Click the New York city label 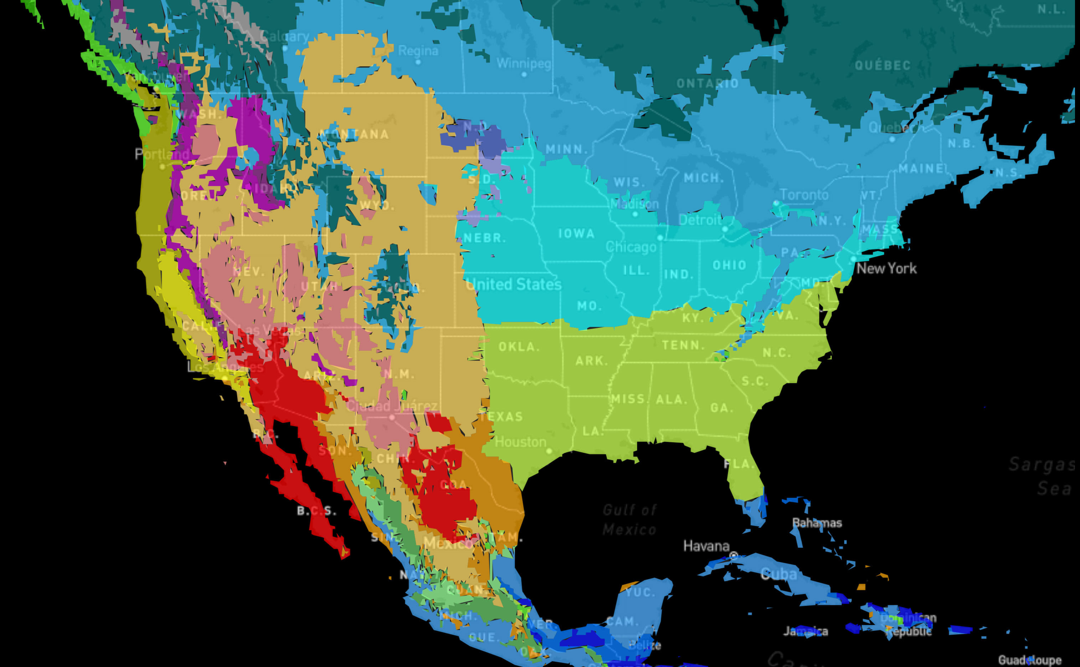(886, 268)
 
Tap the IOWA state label (576, 233)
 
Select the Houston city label (521, 441)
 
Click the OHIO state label (729, 265)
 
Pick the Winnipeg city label (524, 63)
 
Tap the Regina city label (418, 51)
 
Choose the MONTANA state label (354, 134)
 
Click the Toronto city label (804, 195)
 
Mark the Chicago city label (631, 247)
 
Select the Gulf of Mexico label (629, 519)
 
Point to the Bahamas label (817, 523)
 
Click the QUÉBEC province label (882, 66)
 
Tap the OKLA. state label (519, 347)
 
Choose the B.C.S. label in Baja (316, 511)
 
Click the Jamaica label (805, 631)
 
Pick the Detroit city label (700, 220)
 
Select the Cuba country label (779, 574)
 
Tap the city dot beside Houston (549, 451)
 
